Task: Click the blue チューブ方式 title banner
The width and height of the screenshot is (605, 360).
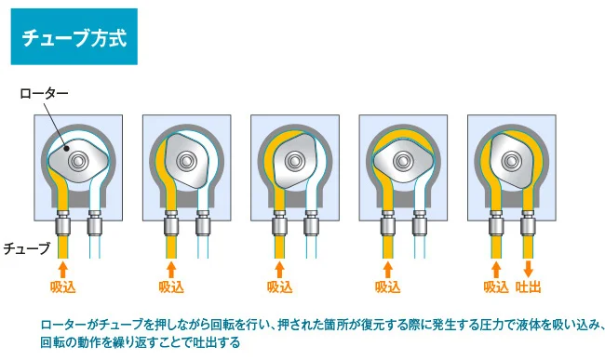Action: click(74, 36)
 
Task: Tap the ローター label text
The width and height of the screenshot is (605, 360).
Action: click(44, 94)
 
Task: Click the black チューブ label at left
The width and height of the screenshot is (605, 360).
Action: click(27, 248)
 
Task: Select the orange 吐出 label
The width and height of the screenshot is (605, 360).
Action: click(529, 287)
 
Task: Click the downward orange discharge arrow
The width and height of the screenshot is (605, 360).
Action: click(529, 269)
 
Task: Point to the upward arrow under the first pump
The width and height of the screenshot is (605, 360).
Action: click(63, 270)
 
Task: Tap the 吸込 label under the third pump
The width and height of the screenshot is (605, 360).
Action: click(280, 287)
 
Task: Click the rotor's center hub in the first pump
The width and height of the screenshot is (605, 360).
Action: click(79, 161)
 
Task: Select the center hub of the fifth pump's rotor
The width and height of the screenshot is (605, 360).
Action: click(512, 161)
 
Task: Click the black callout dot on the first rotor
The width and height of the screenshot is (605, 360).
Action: click(66, 148)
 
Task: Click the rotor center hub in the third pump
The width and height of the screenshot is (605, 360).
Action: click(295, 161)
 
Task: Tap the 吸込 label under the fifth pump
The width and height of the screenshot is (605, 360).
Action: click(496, 287)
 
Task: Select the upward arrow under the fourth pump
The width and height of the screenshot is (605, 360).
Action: click(388, 270)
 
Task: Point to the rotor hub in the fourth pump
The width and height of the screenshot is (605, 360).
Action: click(404, 161)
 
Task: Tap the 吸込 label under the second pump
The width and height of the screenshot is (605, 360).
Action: click(171, 287)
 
